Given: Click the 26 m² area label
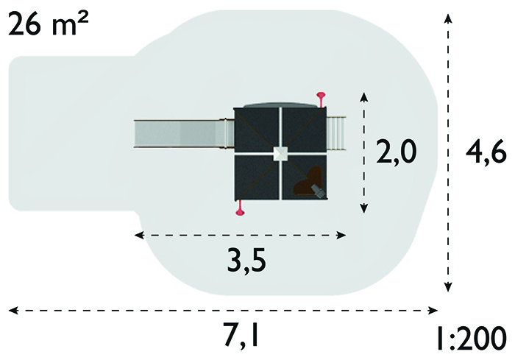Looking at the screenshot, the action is [49, 24].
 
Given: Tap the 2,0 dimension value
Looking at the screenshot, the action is [397, 152].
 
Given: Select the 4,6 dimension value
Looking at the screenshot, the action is [486, 152].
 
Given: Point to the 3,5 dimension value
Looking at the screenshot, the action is [246, 260].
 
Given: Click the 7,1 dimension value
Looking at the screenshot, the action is [241, 335].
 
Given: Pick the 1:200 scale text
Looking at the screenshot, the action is [472, 338].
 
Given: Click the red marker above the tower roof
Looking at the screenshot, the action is [321, 99].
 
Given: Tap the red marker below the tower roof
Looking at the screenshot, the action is [240, 208].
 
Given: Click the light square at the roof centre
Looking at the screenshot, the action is [280, 154].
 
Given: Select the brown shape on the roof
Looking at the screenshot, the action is [308, 182].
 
